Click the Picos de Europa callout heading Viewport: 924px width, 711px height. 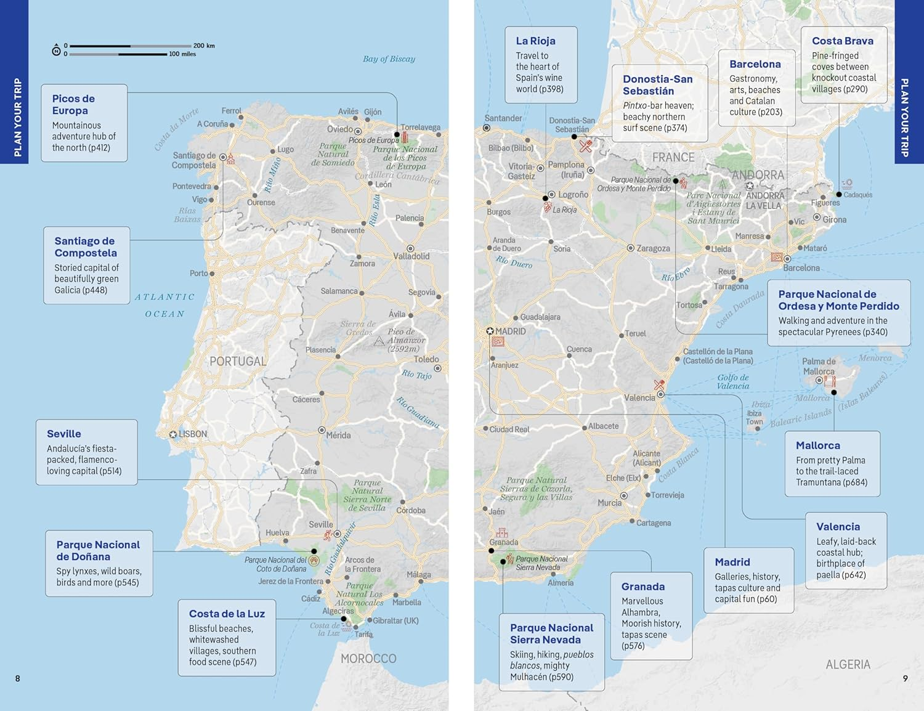(x=73, y=105)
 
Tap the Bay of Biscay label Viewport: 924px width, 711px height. (x=389, y=59)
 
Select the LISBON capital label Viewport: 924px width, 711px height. (x=193, y=434)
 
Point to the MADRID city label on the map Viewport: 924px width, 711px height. (x=511, y=331)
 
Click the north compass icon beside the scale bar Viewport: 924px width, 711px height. (x=56, y=50)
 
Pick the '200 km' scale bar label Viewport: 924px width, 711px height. (x=204, y=46)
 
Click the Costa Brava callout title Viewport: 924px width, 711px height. (x=842, y=41)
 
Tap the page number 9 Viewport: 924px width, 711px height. (x=905, y=678)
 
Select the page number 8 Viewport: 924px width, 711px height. (x=18, y=678)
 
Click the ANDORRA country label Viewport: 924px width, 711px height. (x=758, y=176)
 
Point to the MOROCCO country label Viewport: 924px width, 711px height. (x=368, y=659)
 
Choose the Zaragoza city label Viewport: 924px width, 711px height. (x=653, y=248)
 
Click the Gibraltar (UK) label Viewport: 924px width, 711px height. (x=395, y=620)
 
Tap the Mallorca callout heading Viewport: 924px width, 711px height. (x=817, y=445)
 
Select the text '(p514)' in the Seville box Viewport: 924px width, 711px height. (x=110, y=471)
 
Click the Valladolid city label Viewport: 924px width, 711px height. (x=411, y=256)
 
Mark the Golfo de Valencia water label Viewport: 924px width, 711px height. (x=733, y=382)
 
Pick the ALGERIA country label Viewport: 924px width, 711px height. (x=848, y=665)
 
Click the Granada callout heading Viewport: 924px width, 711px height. (x=642, y=587)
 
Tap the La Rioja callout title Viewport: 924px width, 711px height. (x=535, y=41)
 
